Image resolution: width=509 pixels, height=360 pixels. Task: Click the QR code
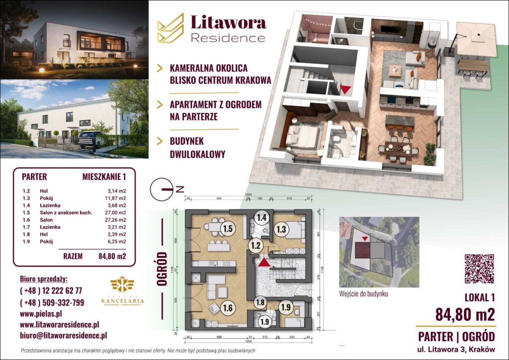click(479, 269)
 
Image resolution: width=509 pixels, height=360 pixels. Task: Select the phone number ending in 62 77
click(50, 291)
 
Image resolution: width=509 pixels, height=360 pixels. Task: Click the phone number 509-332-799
click(52, 302)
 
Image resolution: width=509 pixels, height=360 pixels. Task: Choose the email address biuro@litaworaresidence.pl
click(63, 336)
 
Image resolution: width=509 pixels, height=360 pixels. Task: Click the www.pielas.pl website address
click(41, 314)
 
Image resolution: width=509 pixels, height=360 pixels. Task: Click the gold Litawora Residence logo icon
click(170, 27)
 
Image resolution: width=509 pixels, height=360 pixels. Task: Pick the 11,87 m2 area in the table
click(117, 197)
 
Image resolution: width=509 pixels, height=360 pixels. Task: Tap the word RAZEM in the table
click(73, 257)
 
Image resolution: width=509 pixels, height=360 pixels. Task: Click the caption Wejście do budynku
click(363, 293)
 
